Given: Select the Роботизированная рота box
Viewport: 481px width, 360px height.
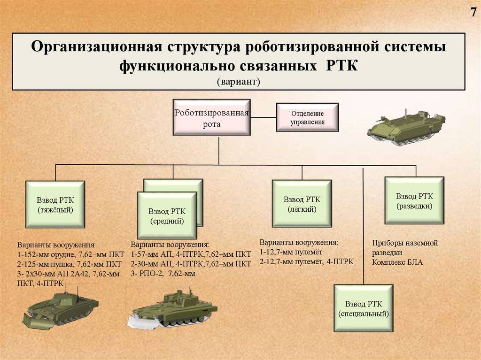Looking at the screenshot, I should [211, 117].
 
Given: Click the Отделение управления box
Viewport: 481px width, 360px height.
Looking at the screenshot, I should [307, 118].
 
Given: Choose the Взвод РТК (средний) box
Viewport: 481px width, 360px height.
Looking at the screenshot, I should [166, 215].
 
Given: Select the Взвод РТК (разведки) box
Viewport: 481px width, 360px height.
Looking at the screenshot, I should [414, 200].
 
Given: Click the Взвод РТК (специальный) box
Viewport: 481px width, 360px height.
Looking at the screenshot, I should [363, 308].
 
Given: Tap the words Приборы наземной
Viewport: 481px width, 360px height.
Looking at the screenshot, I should [404, 243].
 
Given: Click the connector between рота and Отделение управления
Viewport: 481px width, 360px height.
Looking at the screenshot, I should [262, 117].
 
